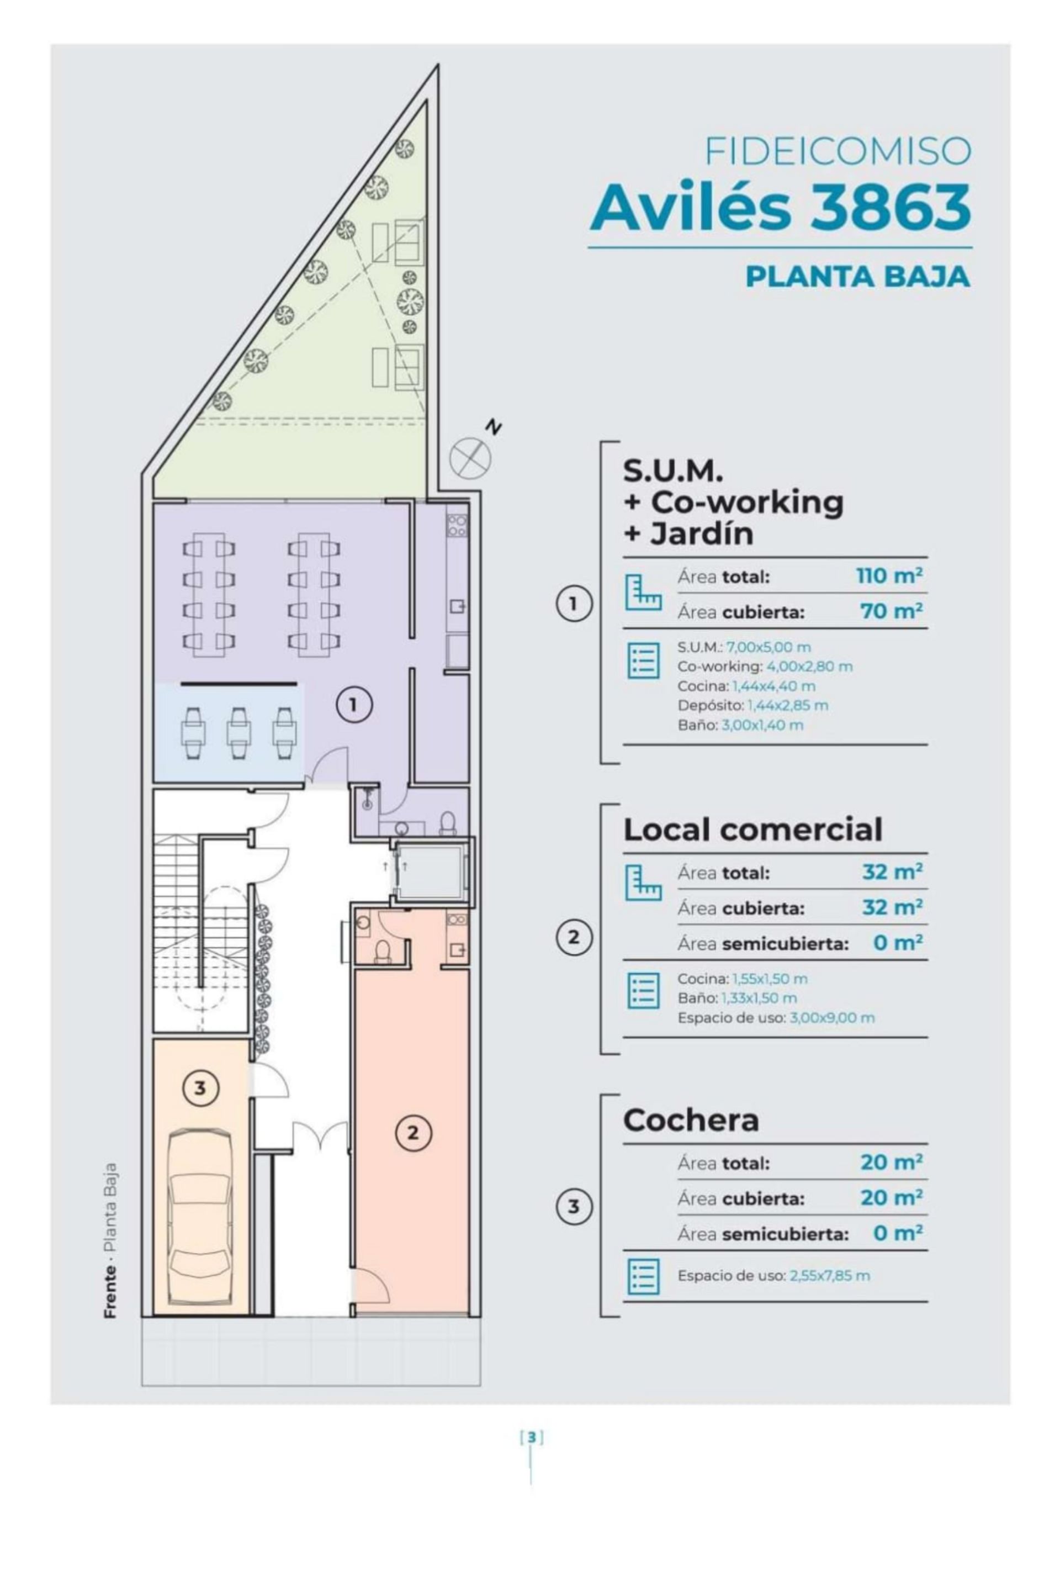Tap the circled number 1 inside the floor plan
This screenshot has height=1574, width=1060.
(x=353, y=705)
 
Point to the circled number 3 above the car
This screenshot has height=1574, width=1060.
(x=199, y=1088)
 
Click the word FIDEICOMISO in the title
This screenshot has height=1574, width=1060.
(x=838, y=151)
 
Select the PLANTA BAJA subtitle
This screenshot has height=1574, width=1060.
(x=857, y=277)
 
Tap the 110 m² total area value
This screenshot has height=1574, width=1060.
(x=889, y=576)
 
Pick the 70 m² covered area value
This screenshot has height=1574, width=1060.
(x=891, y=611)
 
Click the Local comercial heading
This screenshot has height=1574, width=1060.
(x=752, y=830)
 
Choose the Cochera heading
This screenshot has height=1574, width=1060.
(x=690, y=1119)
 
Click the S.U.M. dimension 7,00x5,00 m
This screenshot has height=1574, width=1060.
(x=768, y=647)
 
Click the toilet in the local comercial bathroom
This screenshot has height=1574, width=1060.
(x=383, y=950)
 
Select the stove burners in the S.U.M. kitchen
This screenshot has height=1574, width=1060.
(x=457, y=525)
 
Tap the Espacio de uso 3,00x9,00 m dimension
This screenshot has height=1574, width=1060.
(x=831, y=1017)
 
